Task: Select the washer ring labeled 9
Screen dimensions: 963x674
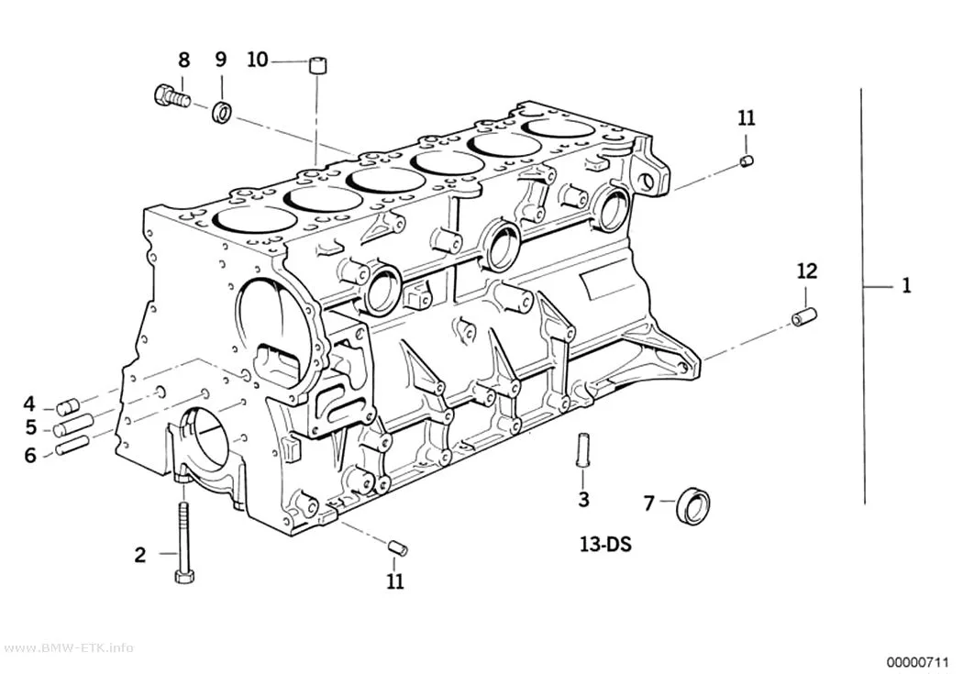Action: (x=222, y=112)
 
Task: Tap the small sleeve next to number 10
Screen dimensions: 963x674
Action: (x=317, y=64)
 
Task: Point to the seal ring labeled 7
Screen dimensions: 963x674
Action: (x=692, y=506)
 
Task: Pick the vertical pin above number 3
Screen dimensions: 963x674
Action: (x=582, y=449)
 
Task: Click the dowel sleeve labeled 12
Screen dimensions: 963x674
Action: (x=804, y=316)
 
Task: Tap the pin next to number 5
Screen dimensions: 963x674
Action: (x=72, y=425)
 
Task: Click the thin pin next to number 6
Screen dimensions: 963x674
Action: (x=72, y=445)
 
